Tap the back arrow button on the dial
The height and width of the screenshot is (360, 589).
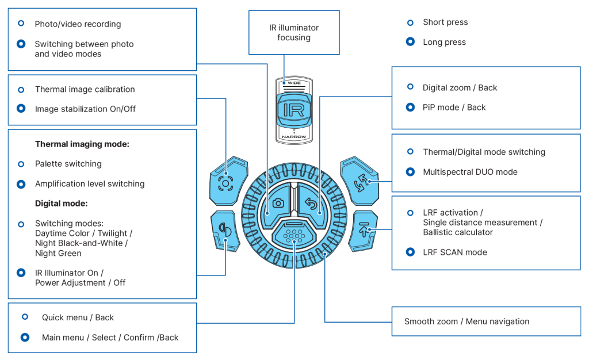click(311, 202)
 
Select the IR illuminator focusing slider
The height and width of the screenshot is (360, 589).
click(294, 110)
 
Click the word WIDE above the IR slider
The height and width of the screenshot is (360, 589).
click(294, 83)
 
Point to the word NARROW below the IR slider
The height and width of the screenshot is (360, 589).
click(294, 137)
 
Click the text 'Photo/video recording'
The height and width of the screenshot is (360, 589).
click(78, 24)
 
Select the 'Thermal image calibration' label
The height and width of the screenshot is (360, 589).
click(85, 90)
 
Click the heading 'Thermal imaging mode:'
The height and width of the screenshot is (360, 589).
click(82, 144)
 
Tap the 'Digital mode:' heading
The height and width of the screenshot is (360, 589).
click(61, 204)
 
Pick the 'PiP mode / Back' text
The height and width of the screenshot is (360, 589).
click(454, 108)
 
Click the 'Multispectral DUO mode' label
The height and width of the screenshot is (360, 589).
click(470, 172)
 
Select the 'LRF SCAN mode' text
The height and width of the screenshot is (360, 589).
click(454, 252)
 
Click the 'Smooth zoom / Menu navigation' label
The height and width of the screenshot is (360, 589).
click(466, 321)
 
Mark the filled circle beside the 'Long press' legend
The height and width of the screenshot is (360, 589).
click(410, 42)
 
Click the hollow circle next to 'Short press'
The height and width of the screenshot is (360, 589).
click(410, 22)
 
